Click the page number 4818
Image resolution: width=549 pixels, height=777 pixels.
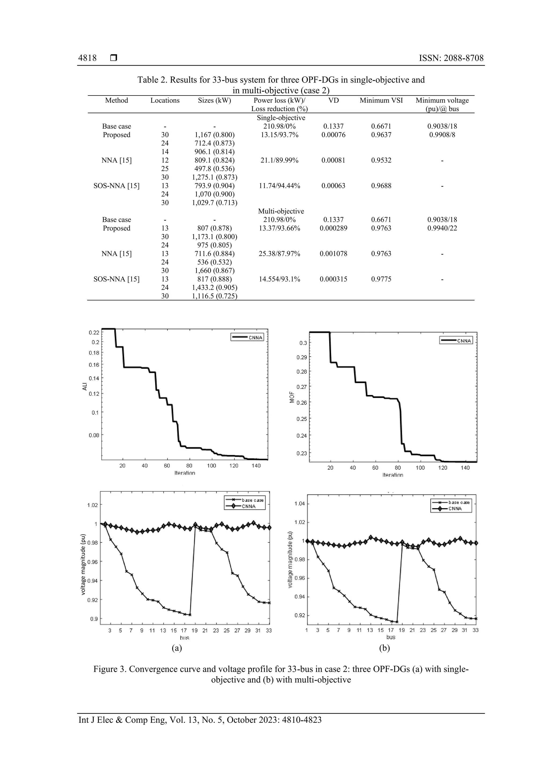[x=87, y=58]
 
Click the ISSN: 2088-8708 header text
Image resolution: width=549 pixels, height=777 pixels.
[x=451, y=58]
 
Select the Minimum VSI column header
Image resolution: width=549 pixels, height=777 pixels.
[x=381, y=101]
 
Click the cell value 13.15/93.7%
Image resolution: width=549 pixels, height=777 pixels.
[x=279, y=135]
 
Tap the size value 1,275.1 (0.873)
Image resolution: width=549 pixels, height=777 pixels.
[x=214, y=177]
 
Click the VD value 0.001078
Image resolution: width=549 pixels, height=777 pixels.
[x=333, y=253]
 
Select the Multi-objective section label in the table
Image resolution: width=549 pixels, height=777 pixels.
[x=281, y=211]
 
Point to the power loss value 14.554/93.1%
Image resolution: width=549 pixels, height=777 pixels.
[x=279, y=279]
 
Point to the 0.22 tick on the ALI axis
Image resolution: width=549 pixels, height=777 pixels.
[x=94, y=333]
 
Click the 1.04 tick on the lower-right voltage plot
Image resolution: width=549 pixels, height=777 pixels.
[x=299, y=503]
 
